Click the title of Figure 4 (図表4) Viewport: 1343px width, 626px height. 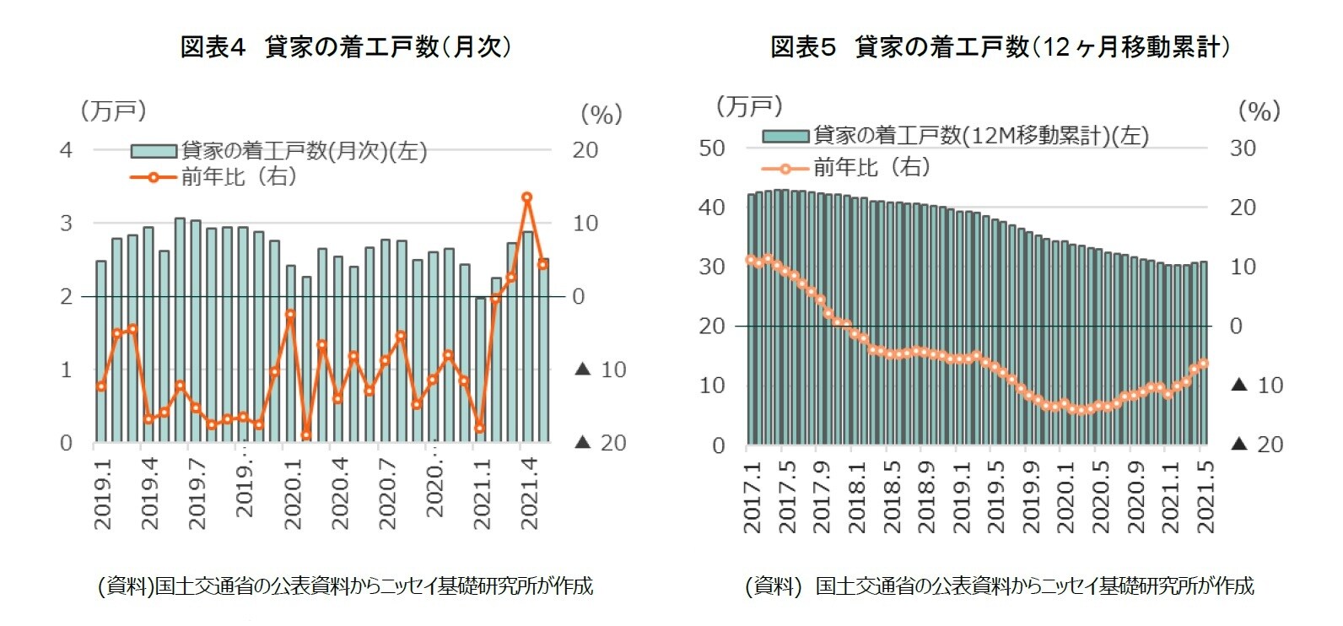(x=346, y=46)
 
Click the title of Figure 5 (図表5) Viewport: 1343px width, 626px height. (x=1000, y=46)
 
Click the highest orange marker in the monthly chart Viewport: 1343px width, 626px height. (x=526, y=197)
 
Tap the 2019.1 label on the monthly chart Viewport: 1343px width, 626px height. (x=103, y=494)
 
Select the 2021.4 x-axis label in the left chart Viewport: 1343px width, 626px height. (x=530, y=494)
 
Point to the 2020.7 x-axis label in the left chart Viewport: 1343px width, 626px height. (x=387, y=494)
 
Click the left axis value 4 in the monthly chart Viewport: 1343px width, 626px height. (x=66, y=150)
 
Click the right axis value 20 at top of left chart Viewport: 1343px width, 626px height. (x=585, y=150)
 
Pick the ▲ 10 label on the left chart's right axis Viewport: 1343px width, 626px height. (x=601, y=370)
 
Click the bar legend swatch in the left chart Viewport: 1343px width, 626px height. (x=154, y=152)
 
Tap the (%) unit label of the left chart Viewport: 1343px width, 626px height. (x=601, y=114)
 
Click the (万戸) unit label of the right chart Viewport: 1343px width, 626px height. (x=749, y=106)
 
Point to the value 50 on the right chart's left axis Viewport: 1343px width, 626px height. (x=712, y=148)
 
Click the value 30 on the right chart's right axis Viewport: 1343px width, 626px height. (x=1243, y=148)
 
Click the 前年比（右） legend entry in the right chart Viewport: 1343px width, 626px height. (x=871, y=168)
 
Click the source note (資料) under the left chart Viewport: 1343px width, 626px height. (x=346, y=586)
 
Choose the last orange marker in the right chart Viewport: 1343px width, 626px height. (x=1204, y=364)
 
